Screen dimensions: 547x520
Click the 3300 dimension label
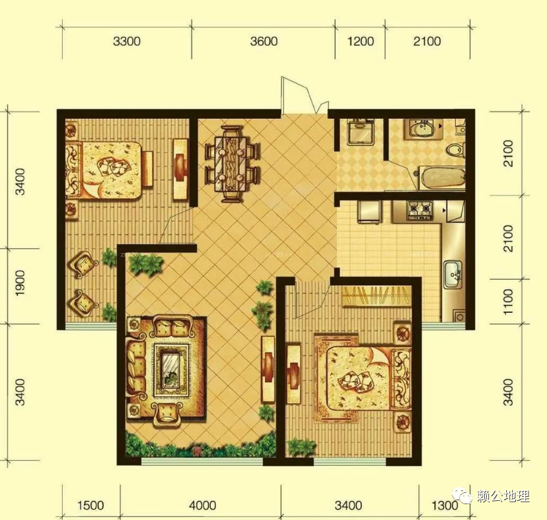point(127,42)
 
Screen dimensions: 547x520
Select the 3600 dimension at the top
point(264,42)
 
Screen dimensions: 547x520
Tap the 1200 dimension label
point(360,42)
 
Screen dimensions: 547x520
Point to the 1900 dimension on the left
point(20,283)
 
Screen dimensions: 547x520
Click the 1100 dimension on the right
point(509,302)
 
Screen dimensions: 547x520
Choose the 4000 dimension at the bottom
point(202,505)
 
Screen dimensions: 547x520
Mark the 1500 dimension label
point(91,505)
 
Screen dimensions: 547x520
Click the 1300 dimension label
point(445,505)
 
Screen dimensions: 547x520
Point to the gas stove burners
point(419,211)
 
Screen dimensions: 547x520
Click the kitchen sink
point(453,275)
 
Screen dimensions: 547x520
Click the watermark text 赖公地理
point(503,496)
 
